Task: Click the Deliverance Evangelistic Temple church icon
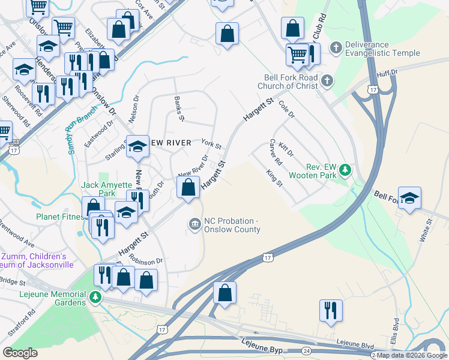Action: tap(336, 47)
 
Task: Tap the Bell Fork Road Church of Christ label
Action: tap(291, 82)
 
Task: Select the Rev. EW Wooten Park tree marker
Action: tap(345, 170)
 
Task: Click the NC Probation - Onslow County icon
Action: tap(194, 224)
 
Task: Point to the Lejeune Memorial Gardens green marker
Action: tap(95, 297)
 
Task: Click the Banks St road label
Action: tap(178, 108)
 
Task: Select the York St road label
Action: tap(211, 145)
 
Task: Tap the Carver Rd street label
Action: tap(275, 152)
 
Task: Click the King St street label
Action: tap(274, 178)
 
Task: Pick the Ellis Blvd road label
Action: tap(396, 329)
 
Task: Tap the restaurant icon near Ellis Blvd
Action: tap(331, 311)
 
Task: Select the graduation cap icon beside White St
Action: tap(409, 198)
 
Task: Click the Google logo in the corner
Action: tap(20, 353)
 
